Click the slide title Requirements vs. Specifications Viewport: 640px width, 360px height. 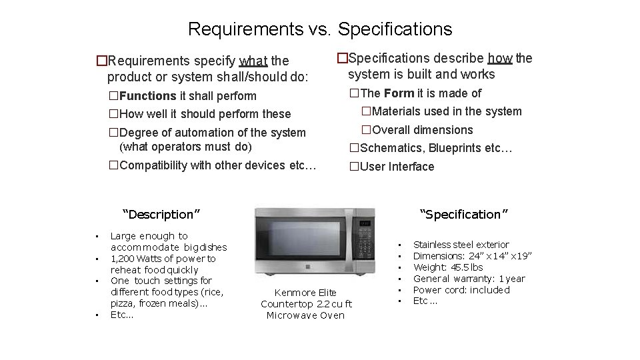tap(320, 29)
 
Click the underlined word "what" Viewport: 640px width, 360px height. tap(253, 61)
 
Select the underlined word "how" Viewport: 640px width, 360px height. tap(500, 58)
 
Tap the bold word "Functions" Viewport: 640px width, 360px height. tap(147, 96)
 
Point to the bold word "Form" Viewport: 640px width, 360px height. tap(398, 93)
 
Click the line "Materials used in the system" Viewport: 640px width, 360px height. tap(447, 111)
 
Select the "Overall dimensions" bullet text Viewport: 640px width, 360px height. tap(422, 130)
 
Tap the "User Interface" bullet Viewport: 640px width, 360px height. tap(397, 167)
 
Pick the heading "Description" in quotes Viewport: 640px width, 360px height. tap(161, 215)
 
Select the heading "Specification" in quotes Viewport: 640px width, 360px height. tap(464, 215)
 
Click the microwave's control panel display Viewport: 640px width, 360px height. tap(365, 224)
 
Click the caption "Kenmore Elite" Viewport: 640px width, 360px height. tap(305, 293)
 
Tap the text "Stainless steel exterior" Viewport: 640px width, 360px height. tap(461, 245)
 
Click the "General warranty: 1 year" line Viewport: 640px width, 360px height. tap(469, 279)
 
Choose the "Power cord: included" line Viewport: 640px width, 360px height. tap(461, 290)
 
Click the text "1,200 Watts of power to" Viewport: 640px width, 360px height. tap(163, 259)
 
